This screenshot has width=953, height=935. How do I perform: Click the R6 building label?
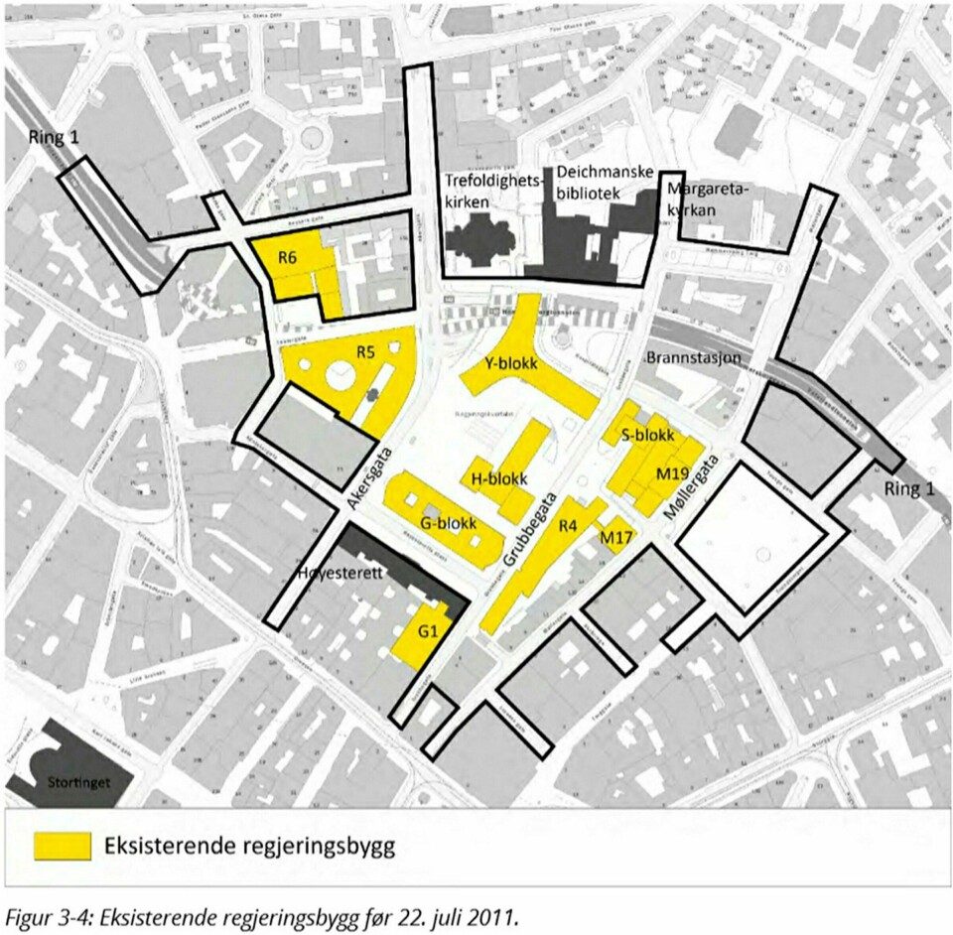tap(288, 258)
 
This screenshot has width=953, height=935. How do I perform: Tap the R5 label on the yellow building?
tap(365, 350)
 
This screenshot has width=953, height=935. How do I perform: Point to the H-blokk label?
tap(499, 478)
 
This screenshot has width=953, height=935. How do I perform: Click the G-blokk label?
tap(450, 523)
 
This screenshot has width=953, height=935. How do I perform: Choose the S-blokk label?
tap(647, 436)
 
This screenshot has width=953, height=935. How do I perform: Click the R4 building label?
tap(568, 527)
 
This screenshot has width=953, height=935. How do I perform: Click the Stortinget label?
tap(77, 781)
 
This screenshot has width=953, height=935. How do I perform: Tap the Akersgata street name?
tap(369, 478)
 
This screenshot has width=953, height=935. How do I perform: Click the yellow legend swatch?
tap(63, 847)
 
